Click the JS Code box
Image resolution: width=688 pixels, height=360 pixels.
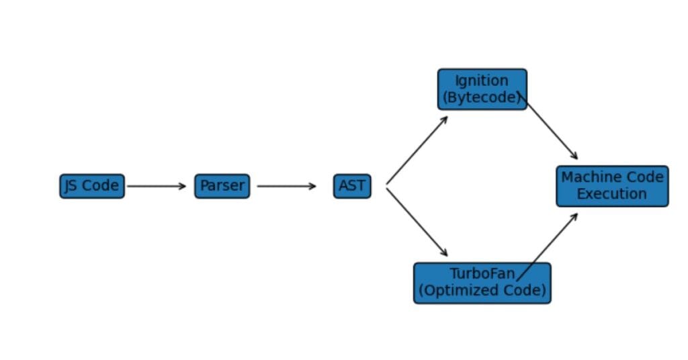[x=92, y=186]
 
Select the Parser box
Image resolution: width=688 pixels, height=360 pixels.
[x=222, y=186]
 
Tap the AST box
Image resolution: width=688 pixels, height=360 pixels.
[x=352, y=186]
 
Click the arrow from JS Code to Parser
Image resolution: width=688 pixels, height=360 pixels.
[x=156, y=186]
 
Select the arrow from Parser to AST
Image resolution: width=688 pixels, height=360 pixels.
[x=286, y=186]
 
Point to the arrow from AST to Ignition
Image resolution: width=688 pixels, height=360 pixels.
[x=417, y=150]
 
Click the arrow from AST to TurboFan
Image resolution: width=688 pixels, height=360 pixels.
[x=417, y=222]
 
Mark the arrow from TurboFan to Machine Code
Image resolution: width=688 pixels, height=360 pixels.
[x=548, y=246]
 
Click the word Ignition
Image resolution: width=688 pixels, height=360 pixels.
[x=482, y=81]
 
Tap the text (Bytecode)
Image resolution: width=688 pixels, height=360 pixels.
[x=482, y=98]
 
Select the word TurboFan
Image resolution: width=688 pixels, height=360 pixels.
[x=482, y=274]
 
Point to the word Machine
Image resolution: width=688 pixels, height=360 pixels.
[x=585, y=177]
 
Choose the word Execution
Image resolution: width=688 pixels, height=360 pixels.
[x=612, y=194]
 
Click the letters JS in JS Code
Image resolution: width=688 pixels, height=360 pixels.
[x=71, y=186]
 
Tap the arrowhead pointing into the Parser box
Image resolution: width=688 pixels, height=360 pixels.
[x=183, y=186]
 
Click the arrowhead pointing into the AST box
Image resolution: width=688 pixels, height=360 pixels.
[x=312, y=186]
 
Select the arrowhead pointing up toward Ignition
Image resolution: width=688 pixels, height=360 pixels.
[x=445, y=119]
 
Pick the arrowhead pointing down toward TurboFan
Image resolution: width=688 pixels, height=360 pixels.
[x=445, y=253]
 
